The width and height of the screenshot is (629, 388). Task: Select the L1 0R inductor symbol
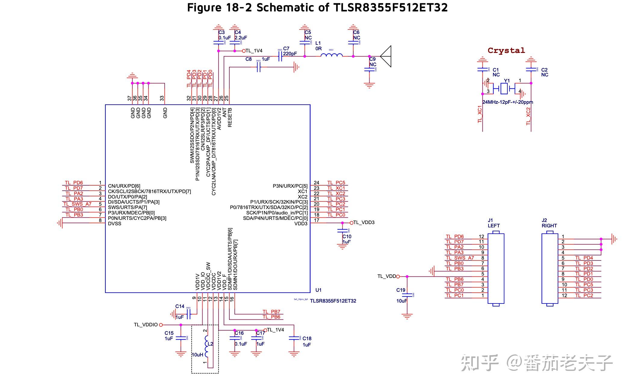coord(331,55)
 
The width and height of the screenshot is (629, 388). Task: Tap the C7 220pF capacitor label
coord(290,51)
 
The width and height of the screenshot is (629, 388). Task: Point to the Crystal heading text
coord(506,51)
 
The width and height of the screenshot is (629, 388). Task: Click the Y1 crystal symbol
coord(504,88)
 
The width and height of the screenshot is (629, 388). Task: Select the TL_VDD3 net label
coord(364,223)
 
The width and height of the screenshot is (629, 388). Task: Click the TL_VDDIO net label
coord(146,325)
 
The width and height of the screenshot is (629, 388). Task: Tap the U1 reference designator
coord(318,290)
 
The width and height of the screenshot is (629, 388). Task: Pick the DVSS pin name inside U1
coord(115,223)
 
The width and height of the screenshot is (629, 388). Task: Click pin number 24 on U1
coord(316,183)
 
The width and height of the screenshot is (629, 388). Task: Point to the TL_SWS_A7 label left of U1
coord(78,204)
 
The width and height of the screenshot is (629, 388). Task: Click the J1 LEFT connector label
coord(493,223)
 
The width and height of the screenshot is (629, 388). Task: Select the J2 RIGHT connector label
coord(549,223)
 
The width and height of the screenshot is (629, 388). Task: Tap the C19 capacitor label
coord(401,290)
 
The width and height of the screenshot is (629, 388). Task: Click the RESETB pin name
coord(230,117)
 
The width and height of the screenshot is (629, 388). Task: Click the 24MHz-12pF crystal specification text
coord(507,102)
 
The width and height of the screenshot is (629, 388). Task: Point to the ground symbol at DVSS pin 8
coord(60,223)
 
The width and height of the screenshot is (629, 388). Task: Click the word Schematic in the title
coord(289,7)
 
